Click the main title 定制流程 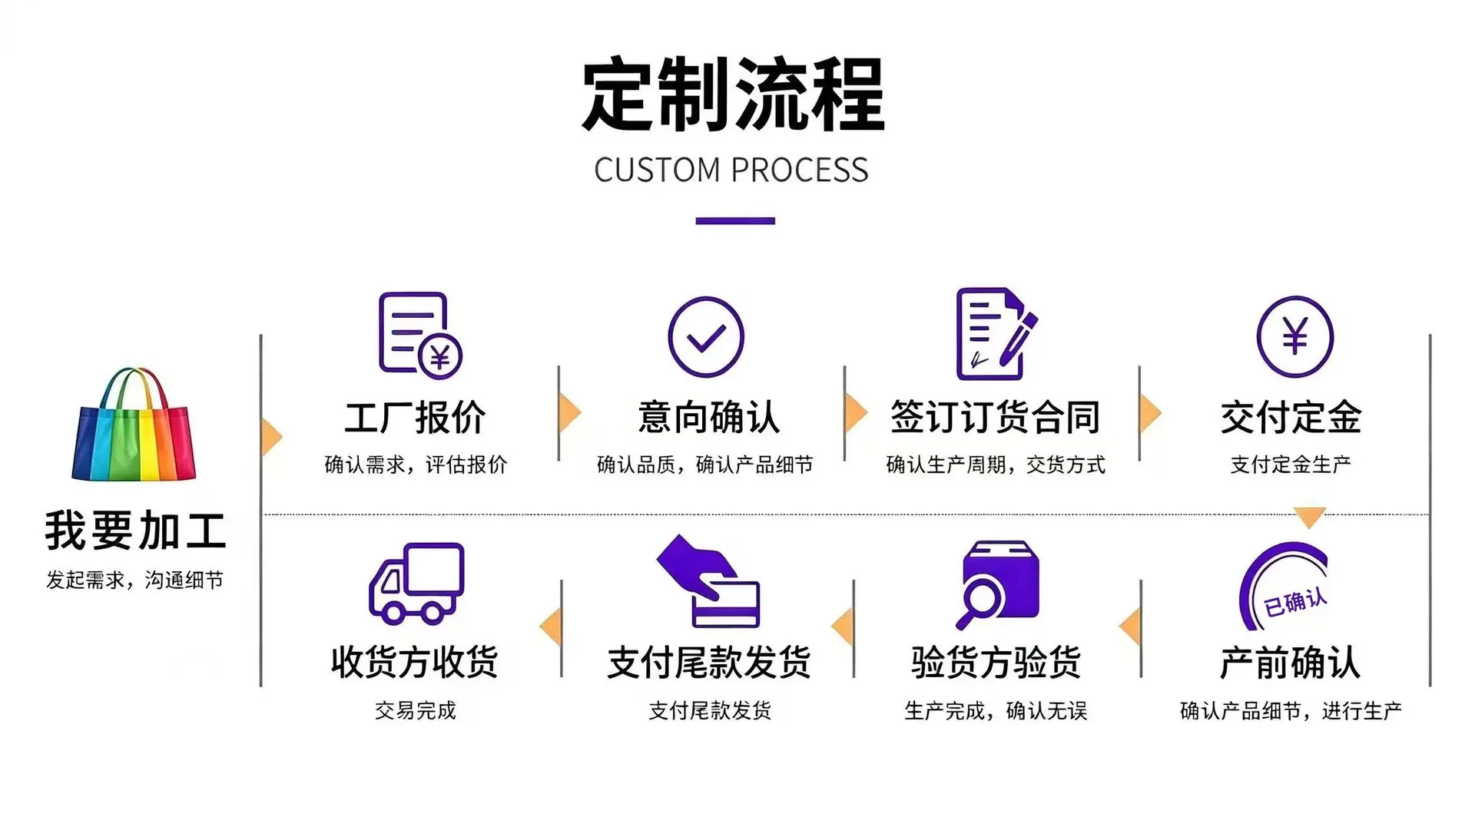pyautogui.click(x=734, y=95)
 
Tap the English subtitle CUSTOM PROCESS pyautogui.click(x=731, y=170)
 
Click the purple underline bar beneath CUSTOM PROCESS pyautogui.click(x=735, y=221)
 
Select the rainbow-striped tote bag pyautogui.click(x=134, y=424)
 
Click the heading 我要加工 pyautogui.click(x=135, y=531)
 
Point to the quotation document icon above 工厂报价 pyautogui.click(x=420, y=336)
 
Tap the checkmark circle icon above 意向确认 pyautogui.click(x=706, y=337)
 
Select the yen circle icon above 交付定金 pyautogui.click(x=1295, y=337)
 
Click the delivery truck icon pyautogui.click(x=416, y=583)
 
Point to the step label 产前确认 pyautogui.click(x=1291, y=662)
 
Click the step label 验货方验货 pyautogui.click(x=996, y=662)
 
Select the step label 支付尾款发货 pyautogui.click(x=709, y=662)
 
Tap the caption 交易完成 pyautogui.click(x=416, y=710)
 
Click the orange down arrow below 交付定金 pyautogui.click(x=1310, y=516)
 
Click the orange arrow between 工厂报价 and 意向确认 pyautogui.click(x=569, y=413)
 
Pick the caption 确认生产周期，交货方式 pyautogui.click(x=996, y=465)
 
